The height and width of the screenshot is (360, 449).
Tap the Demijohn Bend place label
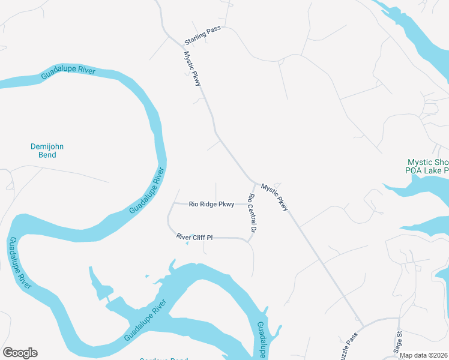coord(47,151)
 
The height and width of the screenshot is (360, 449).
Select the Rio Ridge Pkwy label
coord(211,204)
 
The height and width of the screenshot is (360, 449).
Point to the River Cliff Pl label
coord(194,238)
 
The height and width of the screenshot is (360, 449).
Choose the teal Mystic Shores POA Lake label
coord(427,166)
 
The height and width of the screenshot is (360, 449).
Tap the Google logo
coord(20,353)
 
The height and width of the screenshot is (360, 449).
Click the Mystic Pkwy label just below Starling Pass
coord(193,68)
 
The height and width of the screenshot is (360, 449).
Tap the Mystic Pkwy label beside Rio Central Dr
coord(275,197)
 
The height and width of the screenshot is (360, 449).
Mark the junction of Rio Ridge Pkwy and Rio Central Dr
coord(249,204)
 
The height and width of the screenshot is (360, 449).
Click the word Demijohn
coord(47,146)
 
